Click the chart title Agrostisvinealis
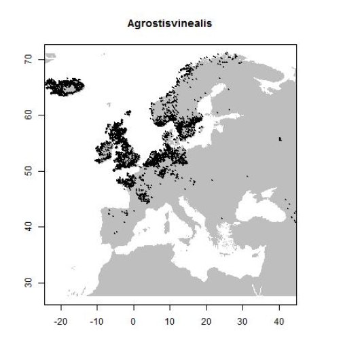(170, 24)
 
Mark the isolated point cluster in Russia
(281, 139)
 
